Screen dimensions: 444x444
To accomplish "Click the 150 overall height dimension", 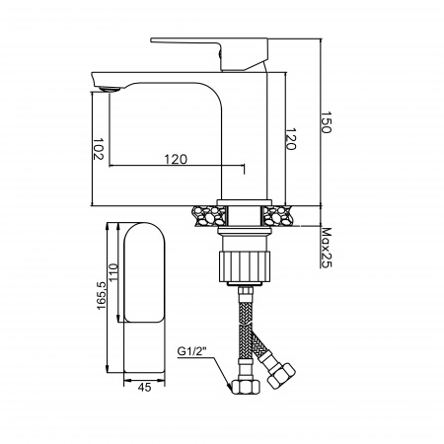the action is (x=326, y=122).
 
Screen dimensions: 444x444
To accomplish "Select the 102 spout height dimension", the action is (x=98, y=149).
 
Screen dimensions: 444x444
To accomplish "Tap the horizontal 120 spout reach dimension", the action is (x=176, y=159).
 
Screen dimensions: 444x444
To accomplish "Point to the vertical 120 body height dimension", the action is (x=290, y=138).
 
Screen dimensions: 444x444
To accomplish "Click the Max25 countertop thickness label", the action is (x=326, y=248).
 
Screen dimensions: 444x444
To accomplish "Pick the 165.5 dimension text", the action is (x=102, y=295).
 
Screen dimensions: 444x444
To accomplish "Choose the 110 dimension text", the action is (x=113, y=272).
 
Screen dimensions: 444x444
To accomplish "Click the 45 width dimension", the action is (x=144, y=388).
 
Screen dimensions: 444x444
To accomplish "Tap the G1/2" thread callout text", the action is (x=191, y=351).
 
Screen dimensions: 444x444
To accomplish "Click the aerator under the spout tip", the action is (x=110, y=89).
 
